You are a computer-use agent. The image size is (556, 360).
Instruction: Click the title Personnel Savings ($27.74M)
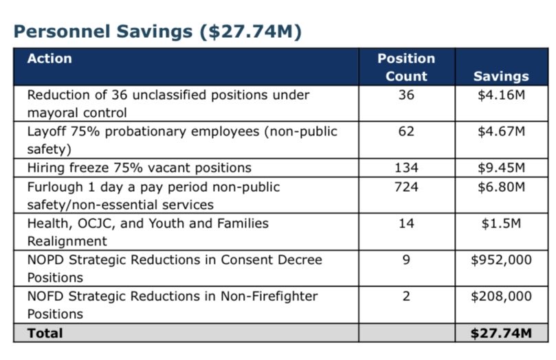point(157,32)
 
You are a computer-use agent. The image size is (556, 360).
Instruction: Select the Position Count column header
point(406,67)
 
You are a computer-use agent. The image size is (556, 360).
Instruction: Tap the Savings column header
point(501,76)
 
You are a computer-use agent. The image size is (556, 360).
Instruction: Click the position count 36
point(406,95)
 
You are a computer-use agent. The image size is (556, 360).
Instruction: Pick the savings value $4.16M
point(501,95)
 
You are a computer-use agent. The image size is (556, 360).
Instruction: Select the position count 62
point(406,131)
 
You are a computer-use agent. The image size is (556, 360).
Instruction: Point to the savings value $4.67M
point(501,131)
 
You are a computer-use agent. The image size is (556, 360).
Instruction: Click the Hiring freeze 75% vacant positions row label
point(140,168)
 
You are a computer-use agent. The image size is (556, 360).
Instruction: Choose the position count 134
point(406,168)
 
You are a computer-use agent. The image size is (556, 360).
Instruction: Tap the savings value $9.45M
point(501,168)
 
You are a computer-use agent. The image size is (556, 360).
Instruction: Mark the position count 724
point(406,186)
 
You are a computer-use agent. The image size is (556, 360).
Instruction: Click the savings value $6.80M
point(501,186)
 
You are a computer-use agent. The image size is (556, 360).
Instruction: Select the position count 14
point(406,223)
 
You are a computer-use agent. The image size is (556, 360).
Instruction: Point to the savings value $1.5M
point(501,223)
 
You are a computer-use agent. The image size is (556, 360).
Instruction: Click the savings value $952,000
point(501,260)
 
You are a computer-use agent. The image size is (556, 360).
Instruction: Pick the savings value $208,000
point(501,296)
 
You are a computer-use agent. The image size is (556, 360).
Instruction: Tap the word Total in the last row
point(45,333)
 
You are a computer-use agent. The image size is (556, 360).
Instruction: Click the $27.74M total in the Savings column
point(501,333)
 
